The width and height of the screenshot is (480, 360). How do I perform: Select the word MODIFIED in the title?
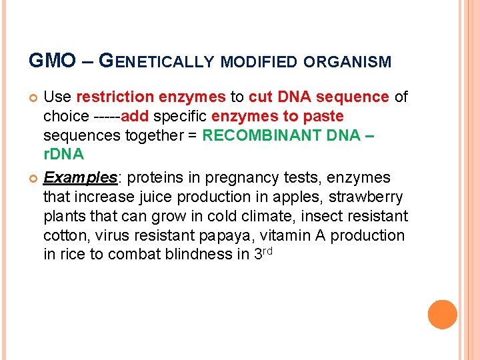[259, 63]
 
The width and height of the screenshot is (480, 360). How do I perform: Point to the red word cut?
[259, 97]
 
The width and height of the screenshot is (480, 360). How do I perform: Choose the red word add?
[135, 117]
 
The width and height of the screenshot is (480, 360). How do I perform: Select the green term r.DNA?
[63, 155]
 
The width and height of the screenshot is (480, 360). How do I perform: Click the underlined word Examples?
[80, 178]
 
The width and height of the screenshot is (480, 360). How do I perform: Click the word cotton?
[65, 235]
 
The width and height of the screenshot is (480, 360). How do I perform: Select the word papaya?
[220, 235]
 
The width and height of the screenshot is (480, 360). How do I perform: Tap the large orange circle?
[442, 315]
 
